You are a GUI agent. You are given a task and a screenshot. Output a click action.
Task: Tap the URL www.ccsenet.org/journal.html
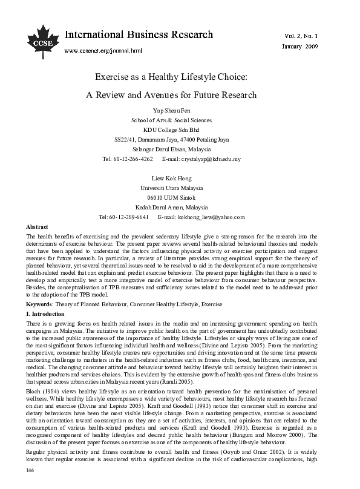[x=103, y=51]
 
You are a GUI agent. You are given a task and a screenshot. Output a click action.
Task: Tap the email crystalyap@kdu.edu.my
[x=211, y=159]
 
